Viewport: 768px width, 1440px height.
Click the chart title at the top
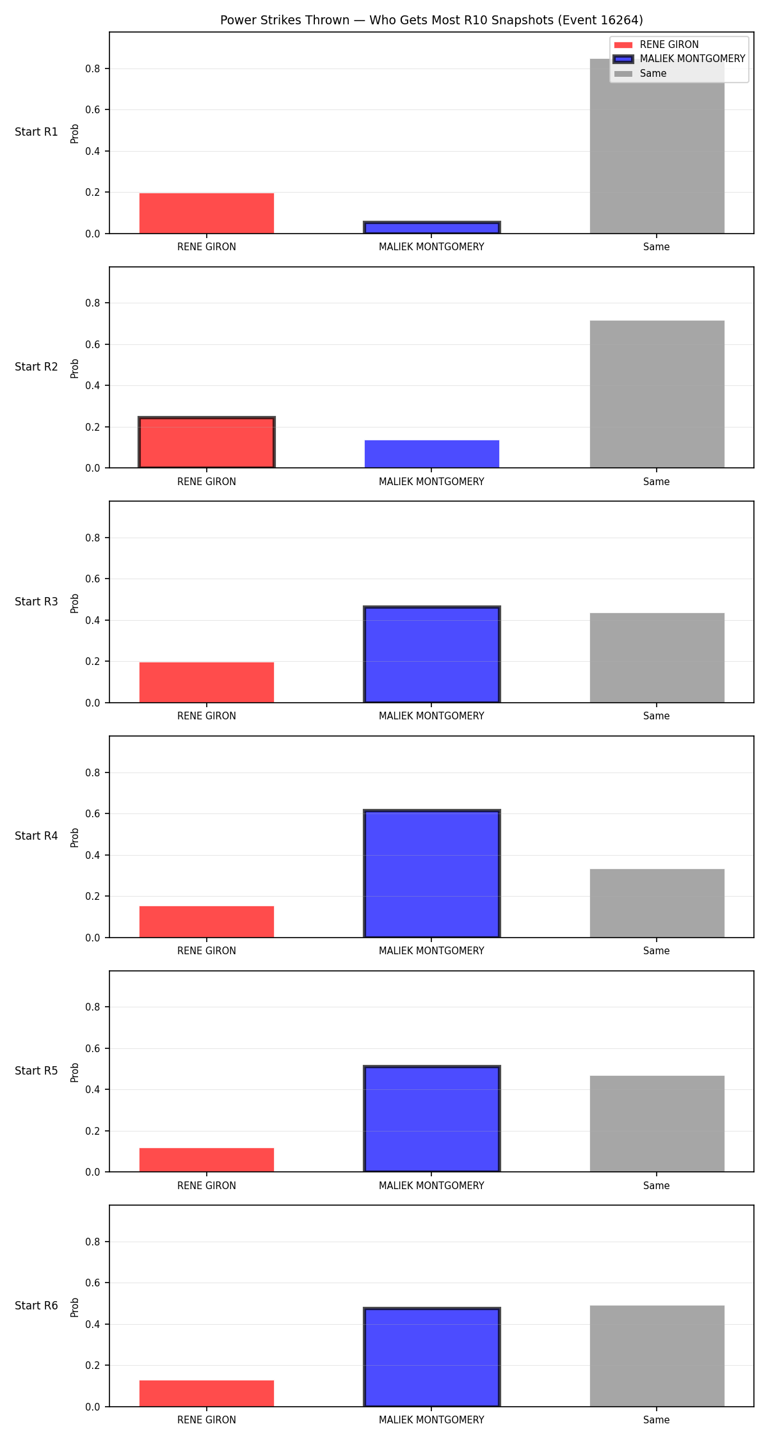coord(431,20)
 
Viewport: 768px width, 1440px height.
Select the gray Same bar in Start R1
coord(657,146)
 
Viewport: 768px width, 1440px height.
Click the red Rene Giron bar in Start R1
coord(207,213)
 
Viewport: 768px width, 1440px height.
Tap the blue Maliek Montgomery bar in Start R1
coord(431,228)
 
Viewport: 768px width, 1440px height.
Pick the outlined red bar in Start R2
coord(207,442)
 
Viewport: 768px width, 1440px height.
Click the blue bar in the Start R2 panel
coord(431,454)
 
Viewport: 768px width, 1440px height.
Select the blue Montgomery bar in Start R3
coord(431,654)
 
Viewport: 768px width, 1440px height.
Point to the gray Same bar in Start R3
coord(657,658)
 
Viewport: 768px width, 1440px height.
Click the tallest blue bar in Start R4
coord(431,874)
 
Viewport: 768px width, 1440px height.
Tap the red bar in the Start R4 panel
coord(207,922)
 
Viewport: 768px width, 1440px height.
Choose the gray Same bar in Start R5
coord(657,1124)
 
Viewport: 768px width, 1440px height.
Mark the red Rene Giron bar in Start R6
coord(207,1393)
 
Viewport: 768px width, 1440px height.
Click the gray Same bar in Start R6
coord(657,1356)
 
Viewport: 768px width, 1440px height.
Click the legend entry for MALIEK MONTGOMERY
coord(679,59)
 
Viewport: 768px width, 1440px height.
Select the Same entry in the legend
coord(640,74)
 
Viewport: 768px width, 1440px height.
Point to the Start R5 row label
coord(36,1071)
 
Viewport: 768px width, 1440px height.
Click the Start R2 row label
coord(36,367)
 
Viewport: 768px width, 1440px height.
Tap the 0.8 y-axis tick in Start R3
coord(93,538)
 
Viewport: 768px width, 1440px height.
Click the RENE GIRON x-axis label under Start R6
coord(207,1420)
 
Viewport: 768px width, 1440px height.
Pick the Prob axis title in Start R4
coord(75,837)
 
